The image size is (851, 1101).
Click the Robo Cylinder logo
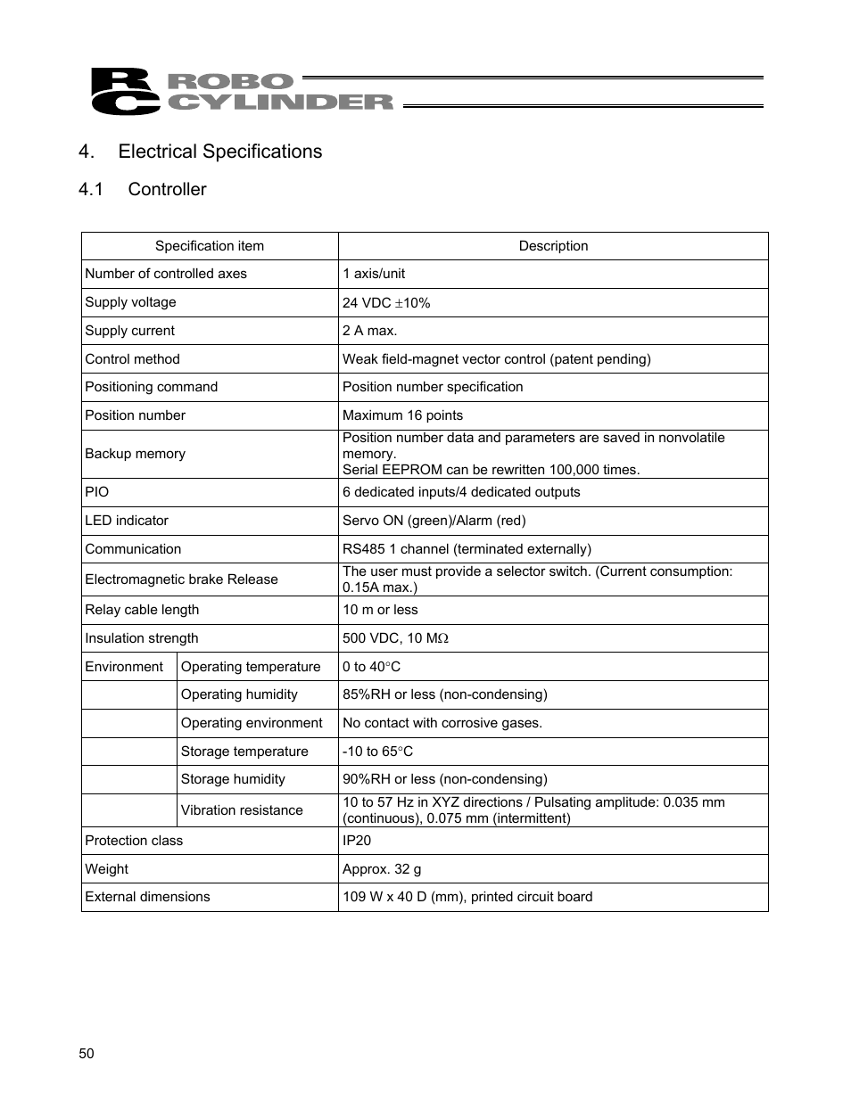[241, 92]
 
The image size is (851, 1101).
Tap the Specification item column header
[210, 246]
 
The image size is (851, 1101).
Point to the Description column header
[553, 246]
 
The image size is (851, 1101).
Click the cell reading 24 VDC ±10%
[386, 303]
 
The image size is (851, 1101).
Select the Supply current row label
[130, 331]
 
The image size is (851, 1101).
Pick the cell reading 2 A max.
[370, 331]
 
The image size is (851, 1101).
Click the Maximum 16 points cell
[403, 415]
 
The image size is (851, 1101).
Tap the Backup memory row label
[136, 454]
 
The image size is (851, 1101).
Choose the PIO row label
[97, 492]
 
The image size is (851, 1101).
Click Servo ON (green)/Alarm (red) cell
[434, 521]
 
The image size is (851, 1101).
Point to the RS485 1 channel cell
[467, 549]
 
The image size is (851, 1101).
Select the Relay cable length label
[142, 610]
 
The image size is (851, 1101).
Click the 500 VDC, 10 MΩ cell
[395, 638]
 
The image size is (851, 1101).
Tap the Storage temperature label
[244, 752]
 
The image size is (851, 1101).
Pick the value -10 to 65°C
[377, 752]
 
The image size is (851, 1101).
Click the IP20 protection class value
[357, 841]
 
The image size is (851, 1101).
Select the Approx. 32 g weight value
[382, 869]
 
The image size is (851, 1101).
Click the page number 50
[87, 1054]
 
